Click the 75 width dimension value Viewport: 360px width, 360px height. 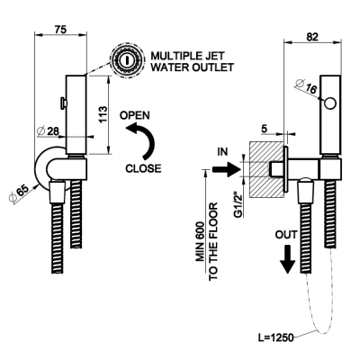(60, 30)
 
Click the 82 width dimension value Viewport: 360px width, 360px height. (312, 37)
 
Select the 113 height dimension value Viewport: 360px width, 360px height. (103, 114)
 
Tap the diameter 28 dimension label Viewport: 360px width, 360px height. (48, 131)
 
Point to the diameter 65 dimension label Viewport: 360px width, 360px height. (19, 194)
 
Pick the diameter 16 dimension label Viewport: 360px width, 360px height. (306, 86)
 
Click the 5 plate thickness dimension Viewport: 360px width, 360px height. (265, 129)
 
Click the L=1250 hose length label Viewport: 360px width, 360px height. (276, 337)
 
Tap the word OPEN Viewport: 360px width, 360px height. (135, 115)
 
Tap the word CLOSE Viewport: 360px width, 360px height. (143, 168)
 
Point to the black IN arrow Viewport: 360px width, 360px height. (225, 170)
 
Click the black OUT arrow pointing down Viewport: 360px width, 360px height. (288, 259)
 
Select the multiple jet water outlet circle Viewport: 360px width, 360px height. (126, 60)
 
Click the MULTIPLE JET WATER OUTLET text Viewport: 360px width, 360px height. (192, 61)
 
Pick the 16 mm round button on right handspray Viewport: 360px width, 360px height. (330, 103)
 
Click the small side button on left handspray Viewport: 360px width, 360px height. (64, 103)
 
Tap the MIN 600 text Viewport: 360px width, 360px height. (201, 241)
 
